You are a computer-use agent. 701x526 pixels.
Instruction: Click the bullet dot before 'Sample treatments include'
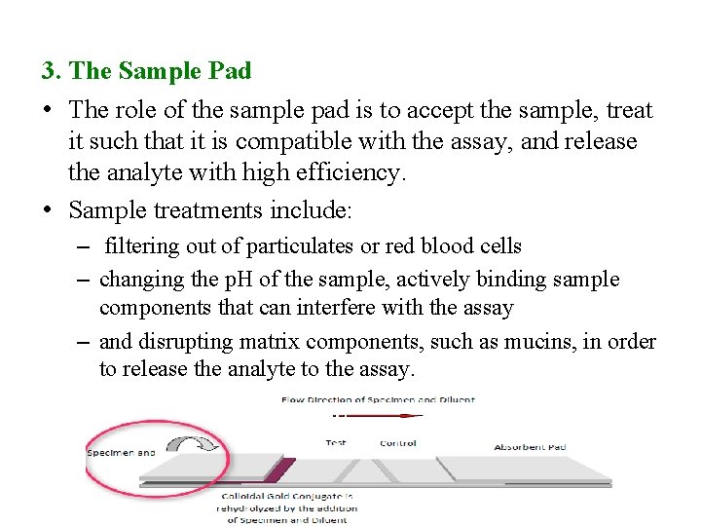click(48, 210)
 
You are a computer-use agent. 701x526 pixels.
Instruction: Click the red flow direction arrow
click(384, 416)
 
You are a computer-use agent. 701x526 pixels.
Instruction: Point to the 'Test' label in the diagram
click(335, 443)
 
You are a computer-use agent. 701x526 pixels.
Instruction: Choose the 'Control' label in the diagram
click(397, 443)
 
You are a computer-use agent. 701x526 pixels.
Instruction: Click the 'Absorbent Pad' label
click(530, 447)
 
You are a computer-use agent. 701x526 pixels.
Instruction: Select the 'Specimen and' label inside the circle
click(121, 452)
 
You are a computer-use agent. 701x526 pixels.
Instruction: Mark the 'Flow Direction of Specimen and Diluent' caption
click(378, 399)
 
